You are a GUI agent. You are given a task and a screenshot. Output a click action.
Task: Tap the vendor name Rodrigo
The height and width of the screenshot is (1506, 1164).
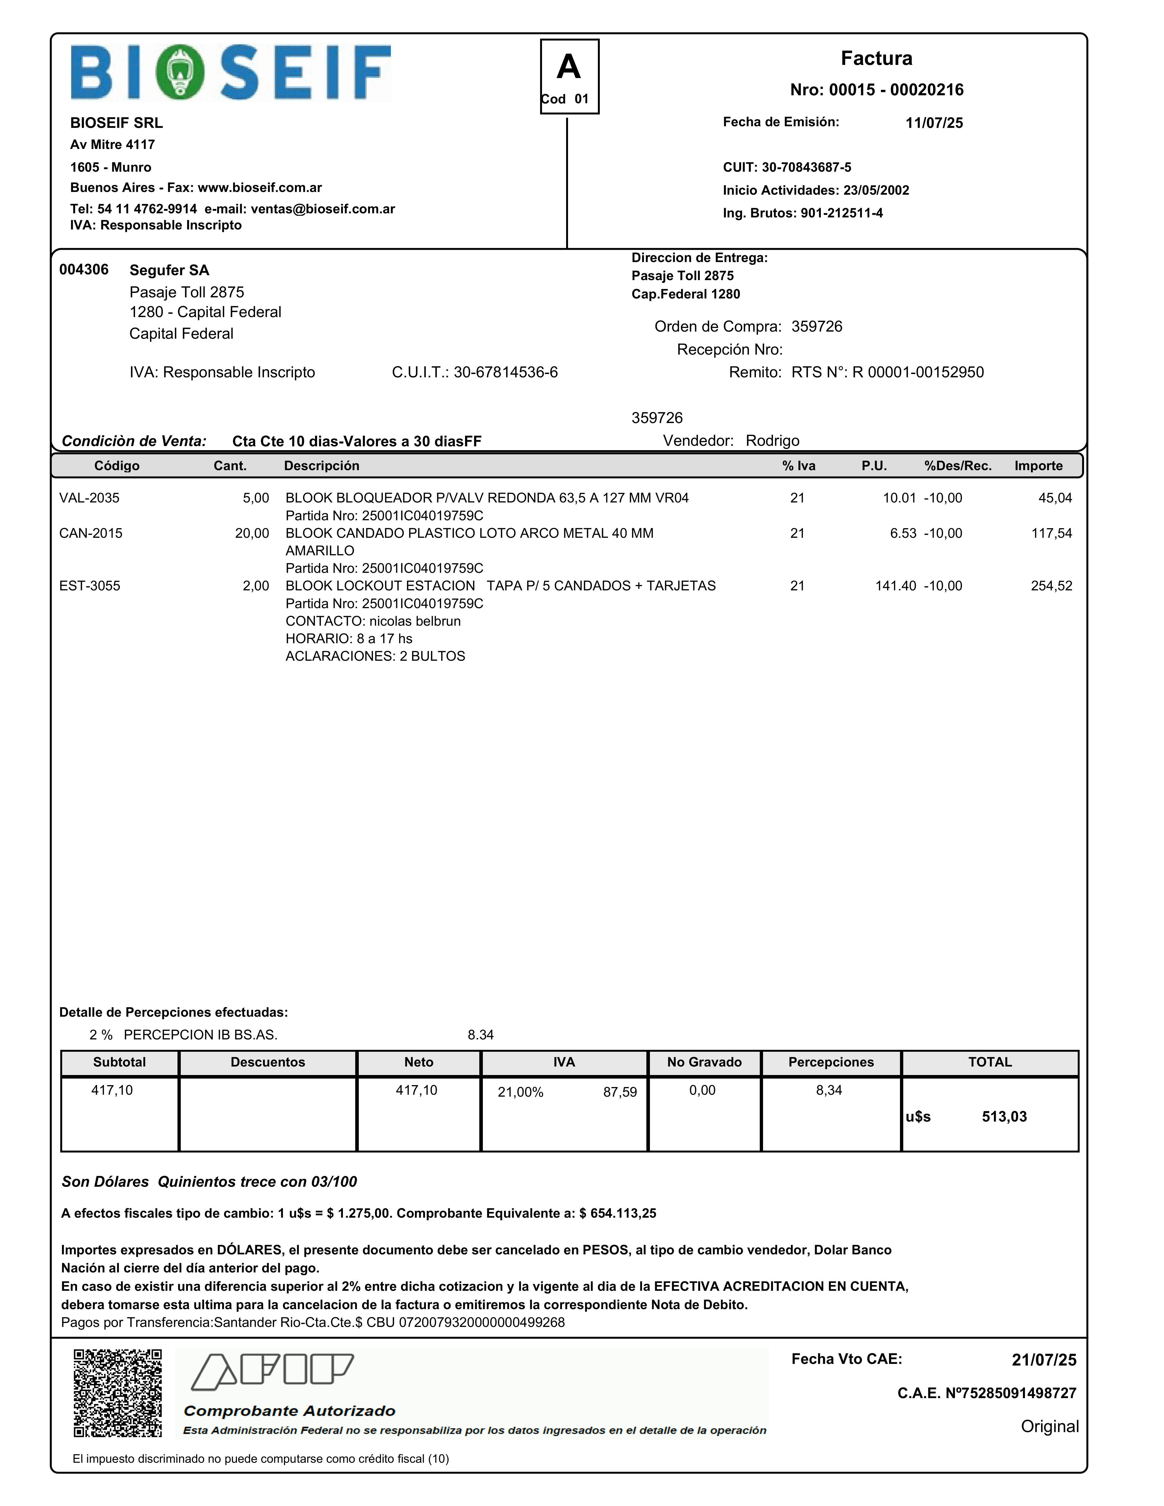(x=772, y=441)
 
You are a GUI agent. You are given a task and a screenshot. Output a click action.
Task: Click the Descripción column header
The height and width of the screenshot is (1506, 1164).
(x=321, y=465)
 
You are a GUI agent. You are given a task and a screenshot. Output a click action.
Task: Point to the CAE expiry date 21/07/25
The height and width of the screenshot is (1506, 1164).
(x=1043, y=1360)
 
